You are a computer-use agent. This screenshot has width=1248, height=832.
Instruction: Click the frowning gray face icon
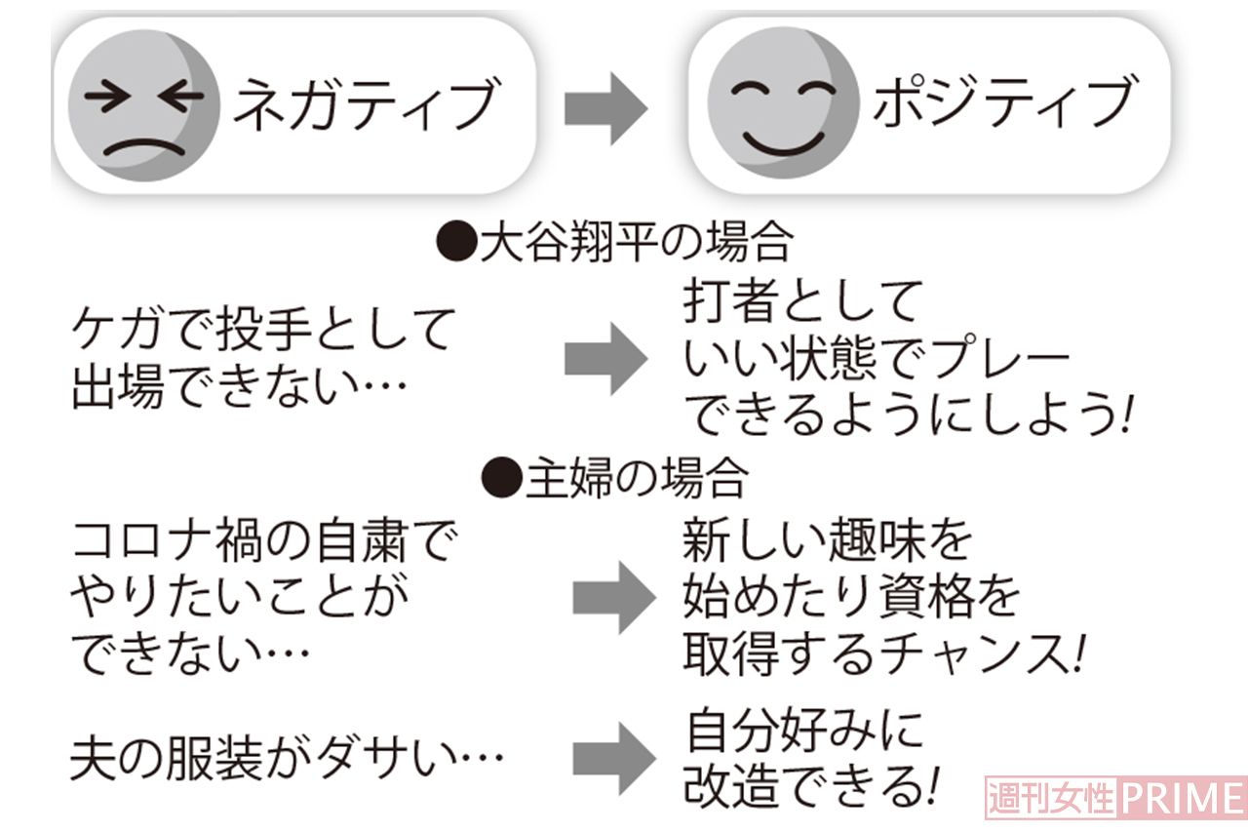tap(144, 105)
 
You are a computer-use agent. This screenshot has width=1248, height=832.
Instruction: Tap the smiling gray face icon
tap(783, 102)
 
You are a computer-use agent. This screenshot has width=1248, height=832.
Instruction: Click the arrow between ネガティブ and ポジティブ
tap(605, 108)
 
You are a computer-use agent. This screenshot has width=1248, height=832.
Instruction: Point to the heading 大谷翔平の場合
tap(614, 243)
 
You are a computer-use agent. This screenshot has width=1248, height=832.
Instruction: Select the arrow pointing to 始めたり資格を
tap(614, 598)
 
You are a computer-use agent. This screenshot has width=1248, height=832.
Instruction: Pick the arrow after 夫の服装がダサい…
tap(614, 759)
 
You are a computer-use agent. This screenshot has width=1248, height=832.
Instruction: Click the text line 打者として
tap(801, 301)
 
